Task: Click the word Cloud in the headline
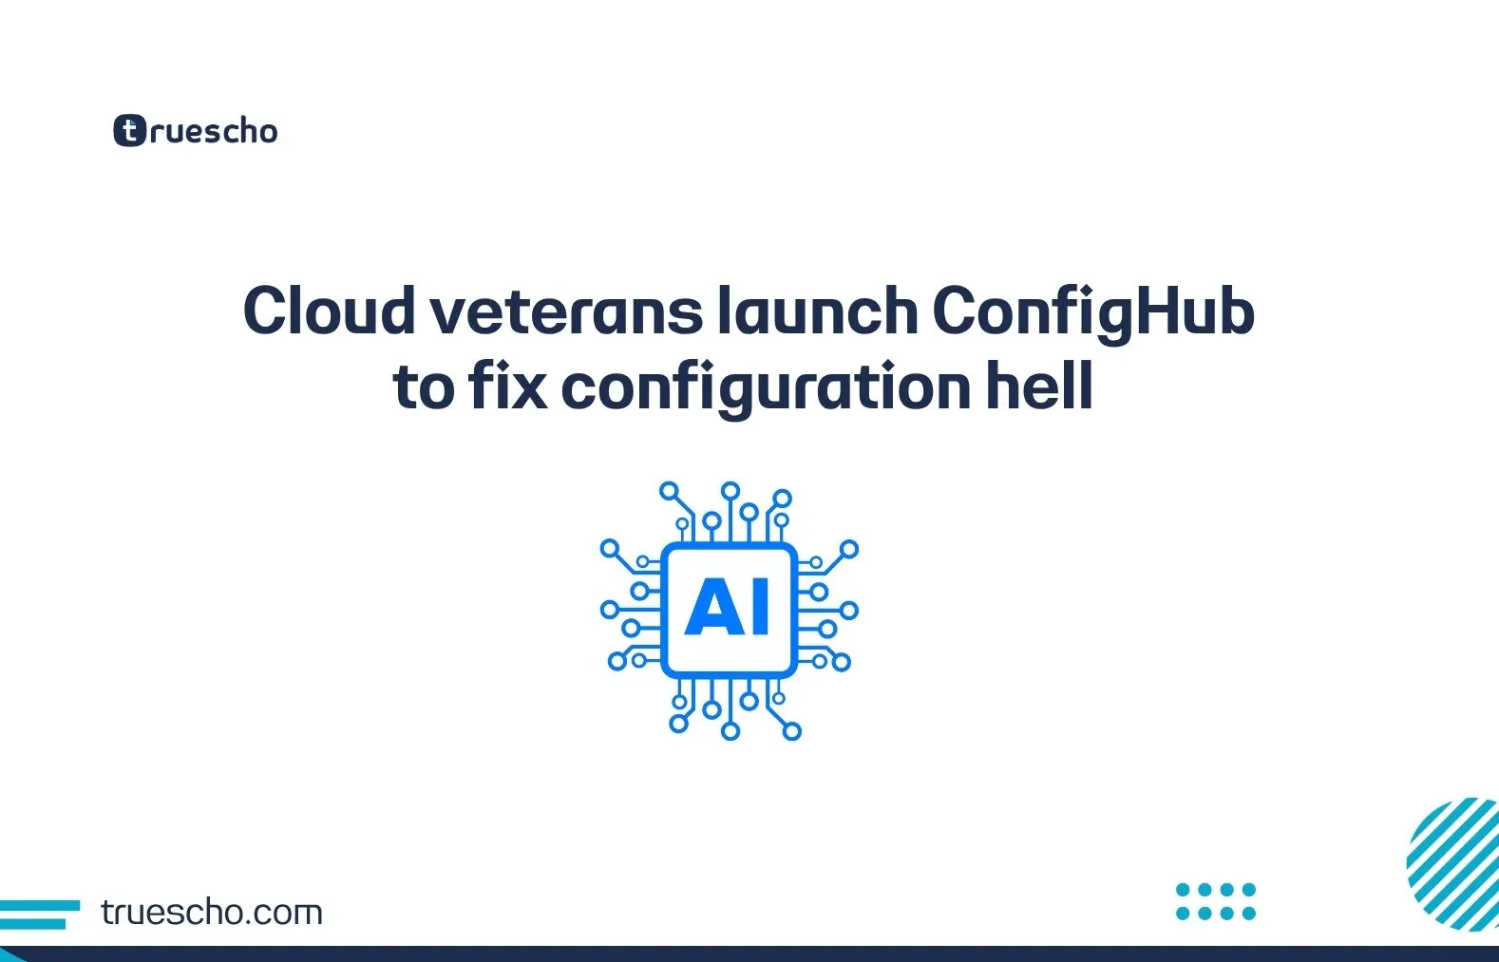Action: (330, 311)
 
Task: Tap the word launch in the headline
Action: (817, 311)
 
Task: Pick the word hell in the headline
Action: (1039, 385)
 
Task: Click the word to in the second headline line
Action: (425, 388)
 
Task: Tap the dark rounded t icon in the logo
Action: (129, 130)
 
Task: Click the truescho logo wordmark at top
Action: (196, 130)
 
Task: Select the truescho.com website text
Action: (212, 913)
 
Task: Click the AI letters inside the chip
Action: (727, 606)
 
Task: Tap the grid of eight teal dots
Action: (1216, 901)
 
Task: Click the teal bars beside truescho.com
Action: (40, 915)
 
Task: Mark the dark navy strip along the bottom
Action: (749, 954)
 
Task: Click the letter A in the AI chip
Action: (714, 606)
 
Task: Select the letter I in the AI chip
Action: (761, 606)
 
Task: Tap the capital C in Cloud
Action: (266, 311)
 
